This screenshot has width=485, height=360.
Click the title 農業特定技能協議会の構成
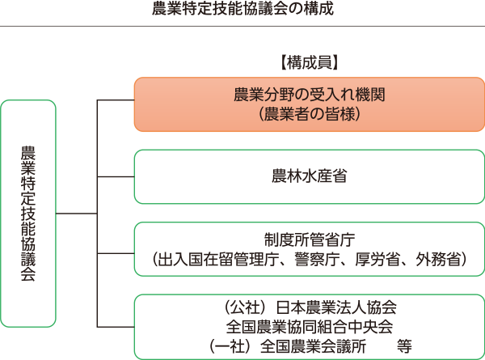click(x=242, y=9)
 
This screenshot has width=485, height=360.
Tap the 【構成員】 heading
click(x=310, y=62)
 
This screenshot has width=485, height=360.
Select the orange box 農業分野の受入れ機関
click(x=310, y=104)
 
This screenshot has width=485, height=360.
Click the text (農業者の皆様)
click(x=310, y=114)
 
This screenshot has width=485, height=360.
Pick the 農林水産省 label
click(x=310, y=176)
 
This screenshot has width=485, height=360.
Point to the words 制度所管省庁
click(x=310, y=239)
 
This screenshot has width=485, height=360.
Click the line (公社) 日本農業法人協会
click(x=310, y=307)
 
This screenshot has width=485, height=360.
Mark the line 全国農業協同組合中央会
click(x=310, y=327)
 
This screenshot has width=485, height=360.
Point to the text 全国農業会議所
click(x=314, y=346)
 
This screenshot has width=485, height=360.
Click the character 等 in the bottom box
click(x=405, y=346)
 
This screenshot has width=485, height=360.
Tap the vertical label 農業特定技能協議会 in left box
click(x=28, y=214)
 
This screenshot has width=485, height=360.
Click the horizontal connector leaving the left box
click(x=77, y=214)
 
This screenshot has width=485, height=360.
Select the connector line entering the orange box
click(x=116, y=100)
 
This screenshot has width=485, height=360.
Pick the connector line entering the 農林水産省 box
click(x=116, y=176)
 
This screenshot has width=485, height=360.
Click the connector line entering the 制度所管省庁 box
click(x=116, y=253)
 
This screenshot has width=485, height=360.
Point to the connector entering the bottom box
click(x=116, y=327)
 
